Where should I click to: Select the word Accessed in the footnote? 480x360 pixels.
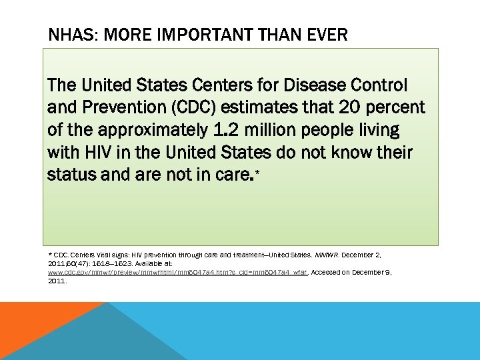click(331, 273)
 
